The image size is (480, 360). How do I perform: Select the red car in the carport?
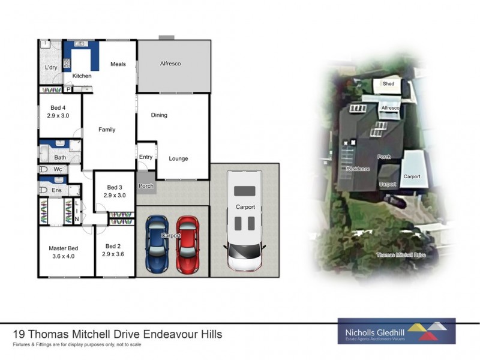[x=187, y=243]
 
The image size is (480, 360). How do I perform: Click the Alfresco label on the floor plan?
[x=170, y=64]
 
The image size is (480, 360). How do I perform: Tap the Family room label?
[x=107, y=130]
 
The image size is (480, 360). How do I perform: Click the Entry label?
[x=146, y=157]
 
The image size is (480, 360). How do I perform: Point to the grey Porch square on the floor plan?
[x=146, y=185]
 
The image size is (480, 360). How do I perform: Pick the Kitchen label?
[x=82, y=76]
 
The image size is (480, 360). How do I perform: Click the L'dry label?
[x=50, y=68]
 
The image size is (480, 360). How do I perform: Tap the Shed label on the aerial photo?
[x=389, y=84]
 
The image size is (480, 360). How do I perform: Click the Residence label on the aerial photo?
[x=358, y=169]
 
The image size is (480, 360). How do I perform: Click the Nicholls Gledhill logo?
[x=396, y=331]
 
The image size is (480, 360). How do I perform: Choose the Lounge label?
[x=178, y=159]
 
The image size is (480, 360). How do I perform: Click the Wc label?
[x=58, y=170]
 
